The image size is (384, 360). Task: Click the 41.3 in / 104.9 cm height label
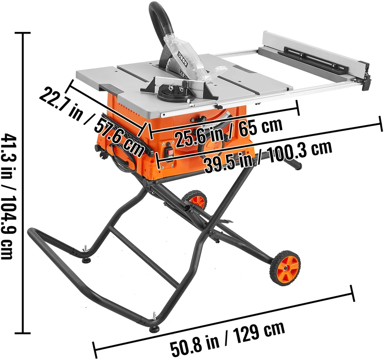click(7, 196)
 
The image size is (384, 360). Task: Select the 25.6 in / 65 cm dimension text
click(228, 130)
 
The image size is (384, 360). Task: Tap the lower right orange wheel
click(285, 267)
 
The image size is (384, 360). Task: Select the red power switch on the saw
click(169, 153)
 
